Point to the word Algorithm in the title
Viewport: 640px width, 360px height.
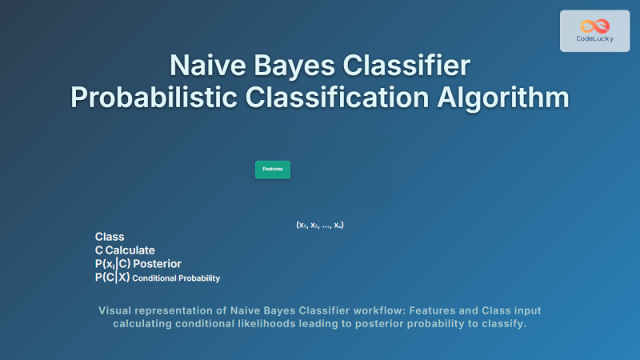(x=503, y=97)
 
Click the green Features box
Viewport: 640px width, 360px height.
(x=273, y=170)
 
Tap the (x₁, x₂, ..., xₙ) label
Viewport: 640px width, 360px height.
(x=320, y=226)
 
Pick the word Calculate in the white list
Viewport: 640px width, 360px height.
(x=130, y=250)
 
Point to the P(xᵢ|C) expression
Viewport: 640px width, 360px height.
(x=113, y=264)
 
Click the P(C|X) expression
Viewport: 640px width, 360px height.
(x=112, y=278)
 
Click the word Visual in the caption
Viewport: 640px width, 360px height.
(x=115, y=310)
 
